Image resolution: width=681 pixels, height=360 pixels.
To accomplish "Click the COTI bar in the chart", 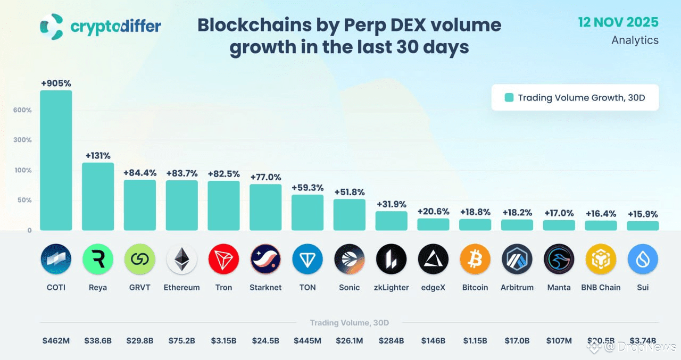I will click(x=56, y=160).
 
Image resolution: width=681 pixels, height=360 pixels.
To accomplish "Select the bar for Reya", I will click(x=98, y=196).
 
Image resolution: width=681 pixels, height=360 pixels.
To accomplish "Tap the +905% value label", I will click(x=56, y=83).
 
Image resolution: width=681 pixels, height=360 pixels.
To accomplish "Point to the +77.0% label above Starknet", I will click(x=265, y=177).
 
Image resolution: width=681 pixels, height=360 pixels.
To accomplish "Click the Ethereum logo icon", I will click(x=182, y=259).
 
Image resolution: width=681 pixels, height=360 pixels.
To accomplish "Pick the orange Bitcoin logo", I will click(x=475, y=259).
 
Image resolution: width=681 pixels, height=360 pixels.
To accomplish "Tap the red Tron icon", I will click(x=224, y=259).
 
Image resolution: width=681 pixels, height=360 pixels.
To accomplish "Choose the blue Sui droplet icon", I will click(x=643, y=259).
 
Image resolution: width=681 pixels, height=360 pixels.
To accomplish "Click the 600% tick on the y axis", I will click(x=23, y=110).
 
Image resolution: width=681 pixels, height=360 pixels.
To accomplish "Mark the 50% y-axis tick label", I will click(x=24, y=200).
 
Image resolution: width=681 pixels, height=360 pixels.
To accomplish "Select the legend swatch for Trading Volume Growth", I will click(x=509, y=97).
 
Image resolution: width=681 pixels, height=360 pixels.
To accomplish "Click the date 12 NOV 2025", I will click(x=618, y=22).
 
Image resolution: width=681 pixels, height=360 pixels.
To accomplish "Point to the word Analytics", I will click(x=635, y=40).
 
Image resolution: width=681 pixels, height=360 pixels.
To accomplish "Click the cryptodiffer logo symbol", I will click(x=52, y=27).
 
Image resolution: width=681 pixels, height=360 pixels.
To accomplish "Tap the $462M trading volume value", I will click(x=56, y=340).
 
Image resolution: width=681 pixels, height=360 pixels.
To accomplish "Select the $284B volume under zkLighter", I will click(x=392, y=340).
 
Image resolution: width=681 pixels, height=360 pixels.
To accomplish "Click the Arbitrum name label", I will click(x=517, y=287).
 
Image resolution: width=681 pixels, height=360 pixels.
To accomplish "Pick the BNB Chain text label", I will click(x=601, y=287).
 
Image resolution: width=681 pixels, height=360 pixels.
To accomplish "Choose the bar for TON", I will click(x=308, y=212).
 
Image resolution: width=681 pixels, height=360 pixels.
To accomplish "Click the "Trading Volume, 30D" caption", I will click(x=349, y=323).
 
